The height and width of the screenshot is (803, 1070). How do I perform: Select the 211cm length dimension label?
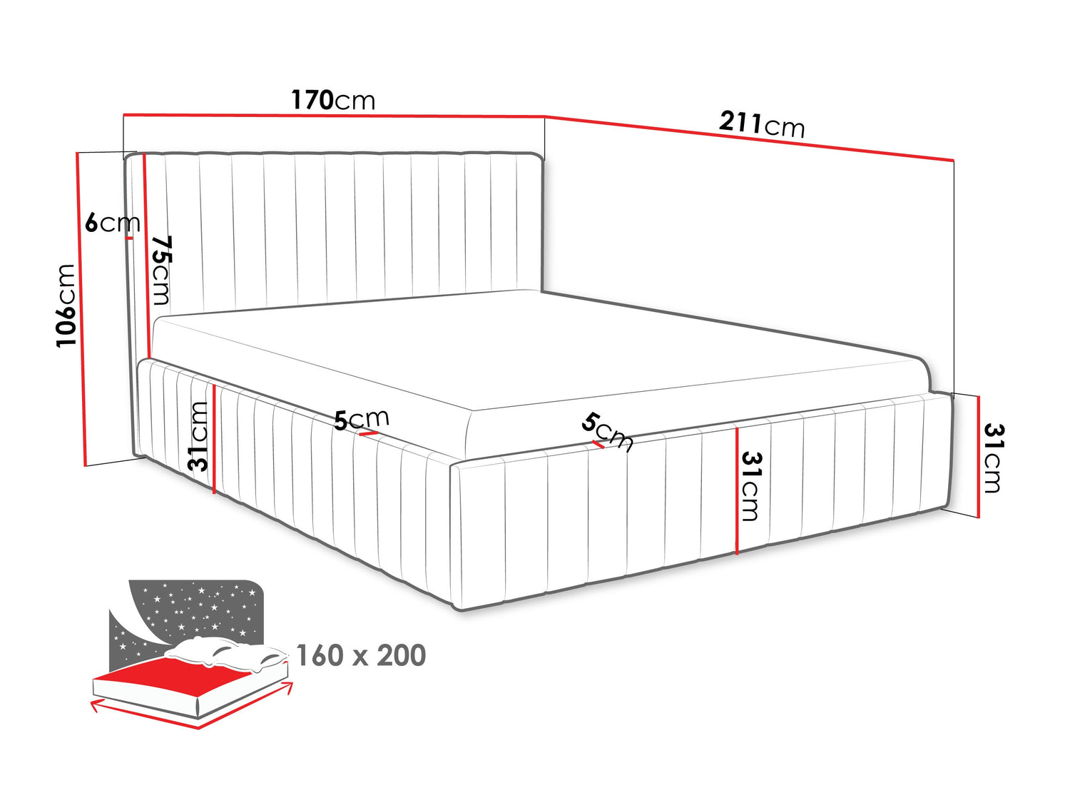pyautogui.click(x=761, y=124)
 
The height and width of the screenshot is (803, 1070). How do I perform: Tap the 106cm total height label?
pyautogui.click(x=66, y=305)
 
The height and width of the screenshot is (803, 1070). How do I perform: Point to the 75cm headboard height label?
pyautogui.click(x=161, y=270)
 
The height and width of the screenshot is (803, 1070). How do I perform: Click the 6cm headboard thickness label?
pyautogui.click(x=113, y=223)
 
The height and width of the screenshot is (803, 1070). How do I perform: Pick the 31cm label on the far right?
pyautogui.click(x=993, y=458)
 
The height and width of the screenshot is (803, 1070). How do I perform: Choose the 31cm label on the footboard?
pyautogui.click(x=750, y=486)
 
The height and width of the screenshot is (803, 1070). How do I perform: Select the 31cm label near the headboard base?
pyautogui.click(x=198, y=436)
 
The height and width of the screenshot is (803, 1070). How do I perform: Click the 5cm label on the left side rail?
pyautogui.click(x=362, y=419)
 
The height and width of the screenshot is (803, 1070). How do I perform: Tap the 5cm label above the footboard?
pyautogui.click(x=607, y=432)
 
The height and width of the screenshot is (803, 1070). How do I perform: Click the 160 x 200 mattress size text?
pyautogui.click(x=361, y=655)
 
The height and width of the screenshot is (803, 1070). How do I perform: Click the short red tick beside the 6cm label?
pyautogui.click(x=129, y=238)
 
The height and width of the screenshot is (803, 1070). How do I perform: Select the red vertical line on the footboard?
pyautogui.click(x=737, y=491)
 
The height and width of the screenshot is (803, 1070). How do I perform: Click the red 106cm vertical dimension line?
pyautogui.click(x=81, y=309)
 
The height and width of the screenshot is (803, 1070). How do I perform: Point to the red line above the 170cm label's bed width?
pyautogui.click(x=334, y=116)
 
